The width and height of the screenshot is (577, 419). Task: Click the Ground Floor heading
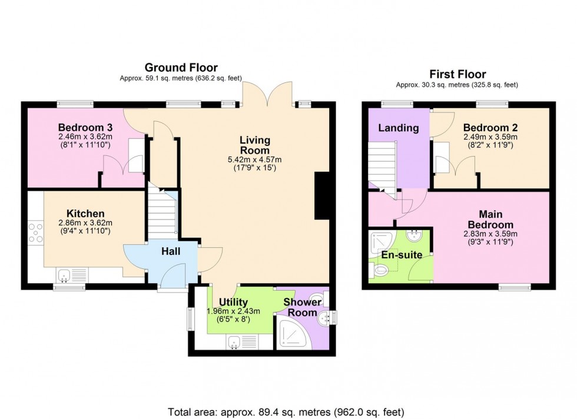pos(181,68)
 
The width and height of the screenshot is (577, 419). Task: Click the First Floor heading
pos(457,74)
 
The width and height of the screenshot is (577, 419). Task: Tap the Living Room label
pos(255,145)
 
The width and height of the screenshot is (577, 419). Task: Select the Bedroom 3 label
pos(85,127)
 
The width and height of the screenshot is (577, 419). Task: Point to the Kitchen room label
pos(85,213)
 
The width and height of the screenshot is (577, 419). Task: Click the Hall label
pos(171,252)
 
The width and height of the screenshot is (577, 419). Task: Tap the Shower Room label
pos(303,307)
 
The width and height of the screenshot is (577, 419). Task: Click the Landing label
pos(398,128)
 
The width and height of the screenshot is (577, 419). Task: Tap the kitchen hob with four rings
pos(36,231)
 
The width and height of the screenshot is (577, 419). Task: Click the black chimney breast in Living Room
pos(321,196)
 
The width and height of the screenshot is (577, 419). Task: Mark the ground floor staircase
pos(163,212)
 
